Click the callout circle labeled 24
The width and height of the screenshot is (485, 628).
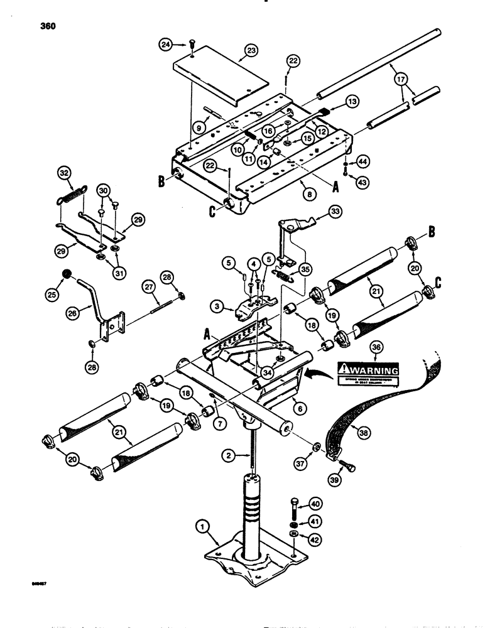click(166, 44)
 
